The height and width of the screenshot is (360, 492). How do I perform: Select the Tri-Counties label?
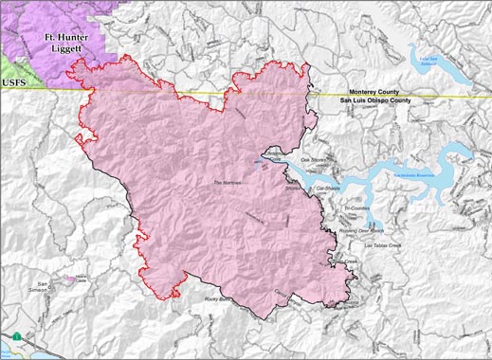click(x=356, y=208)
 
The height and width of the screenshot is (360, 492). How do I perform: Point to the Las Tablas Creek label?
click(x=378, y=245)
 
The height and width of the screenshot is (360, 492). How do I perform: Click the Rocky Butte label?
click(x=218, y=299)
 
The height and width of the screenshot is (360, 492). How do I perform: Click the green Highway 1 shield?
click(x=17, y=336)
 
